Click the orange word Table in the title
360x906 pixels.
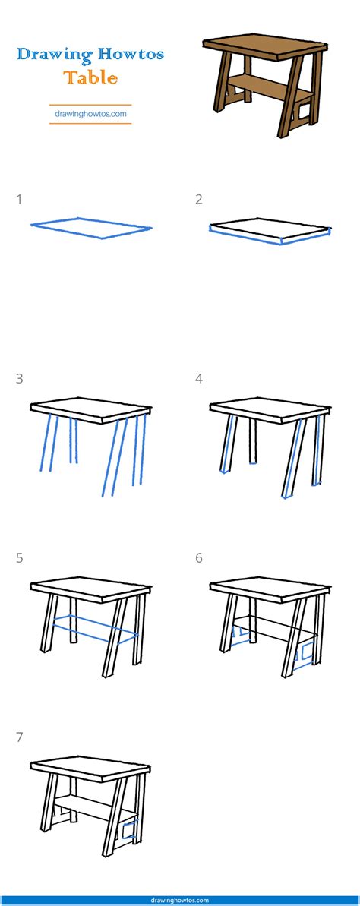pos(90,77)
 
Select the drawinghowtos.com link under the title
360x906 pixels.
pos(90,114)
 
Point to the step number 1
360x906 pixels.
pos(19,200)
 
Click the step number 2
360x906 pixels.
pos(199,200)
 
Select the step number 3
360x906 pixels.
pos(19,379)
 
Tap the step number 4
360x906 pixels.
pos(199,379)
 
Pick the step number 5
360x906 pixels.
pos(19,558)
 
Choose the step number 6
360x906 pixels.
pos(199,558)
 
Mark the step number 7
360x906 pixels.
pos(19,737)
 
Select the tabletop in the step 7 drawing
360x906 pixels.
pos(90,767)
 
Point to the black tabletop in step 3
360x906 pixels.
pos(90,409)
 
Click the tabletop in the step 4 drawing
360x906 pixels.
pos(270,409)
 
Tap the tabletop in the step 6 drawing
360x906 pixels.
pos(270,588)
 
